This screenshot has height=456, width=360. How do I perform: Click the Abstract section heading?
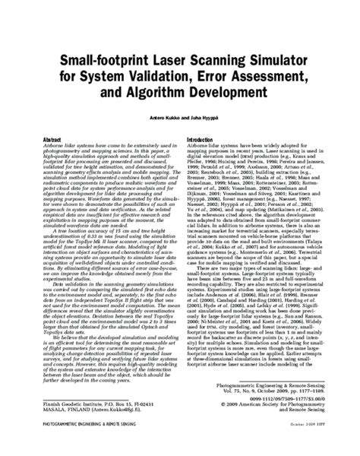[x=52, y=141]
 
